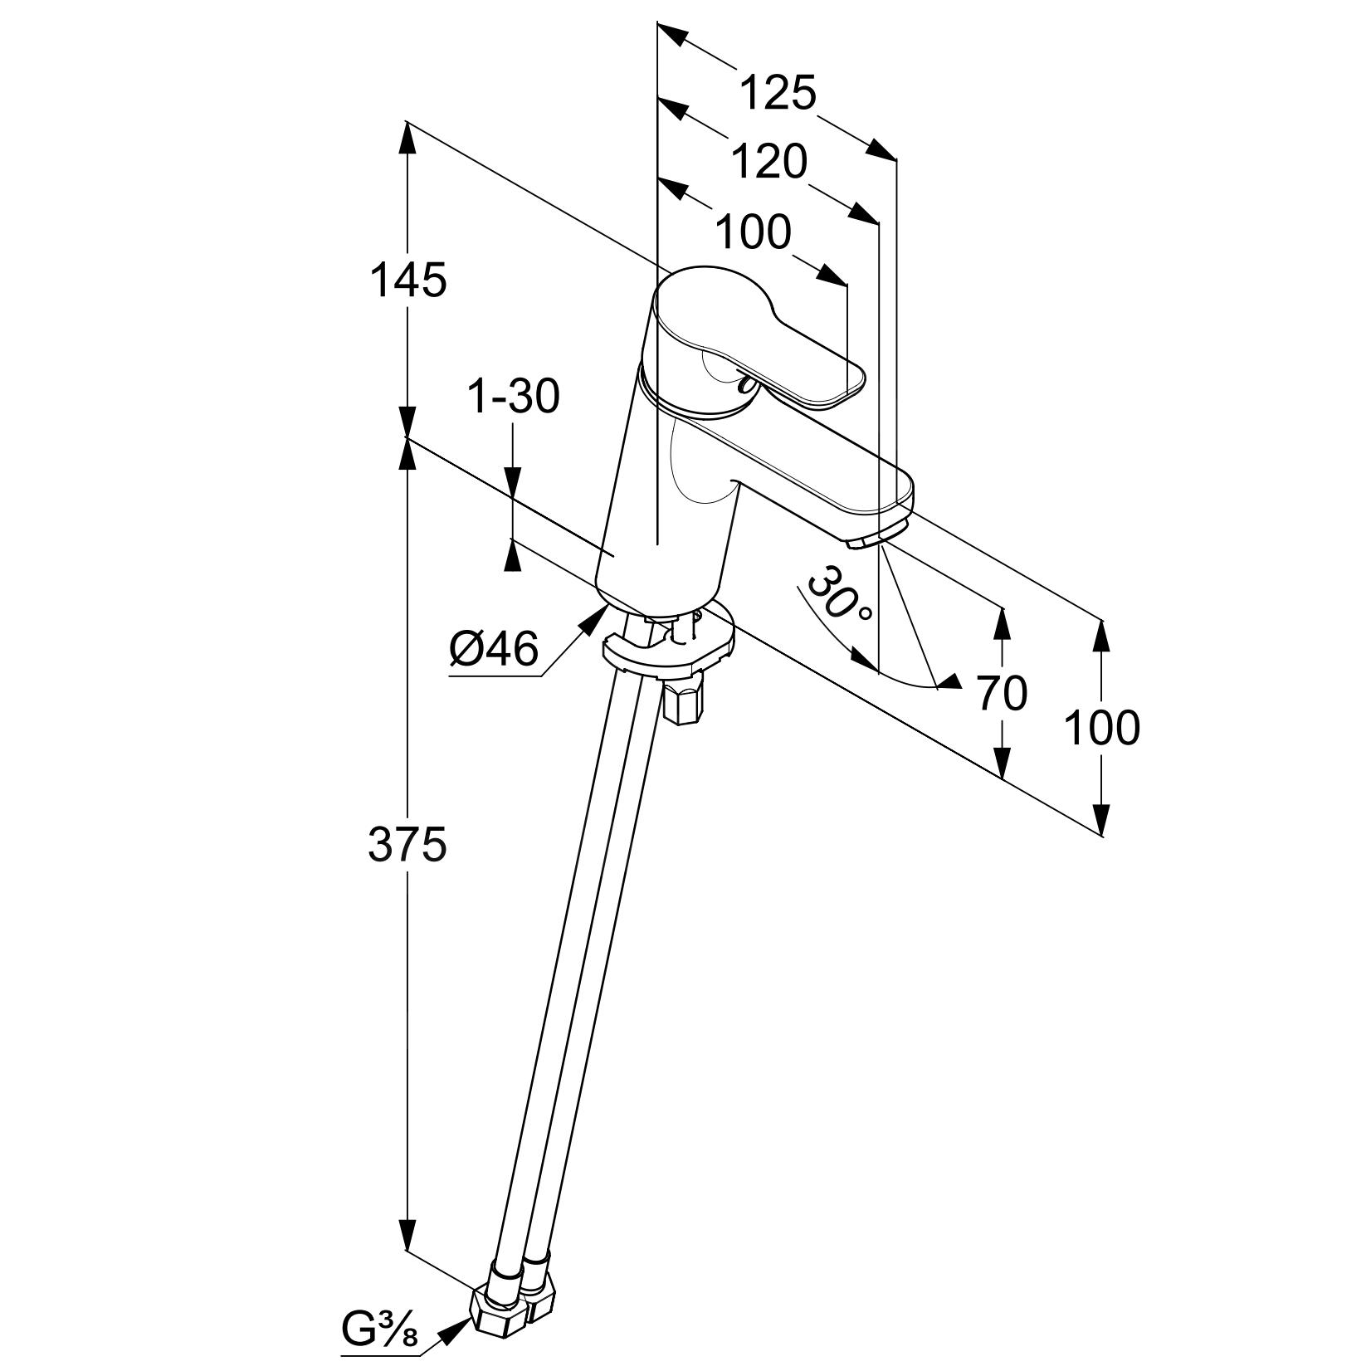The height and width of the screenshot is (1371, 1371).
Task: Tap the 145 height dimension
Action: [x=407, y=280]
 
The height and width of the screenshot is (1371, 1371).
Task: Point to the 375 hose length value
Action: [x=407, y=844]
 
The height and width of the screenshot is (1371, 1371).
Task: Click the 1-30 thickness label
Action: [x=514, y=397]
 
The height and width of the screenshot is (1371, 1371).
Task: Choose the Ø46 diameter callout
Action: [x=494, y=649]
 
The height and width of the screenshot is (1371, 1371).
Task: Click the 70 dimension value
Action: [x=1002, y=694]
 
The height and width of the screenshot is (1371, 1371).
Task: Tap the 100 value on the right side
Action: [x=1101, y=729]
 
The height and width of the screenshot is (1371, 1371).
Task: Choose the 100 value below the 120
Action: [x=753, y=232]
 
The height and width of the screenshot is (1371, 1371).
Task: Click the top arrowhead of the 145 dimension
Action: [x=407, y=137]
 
